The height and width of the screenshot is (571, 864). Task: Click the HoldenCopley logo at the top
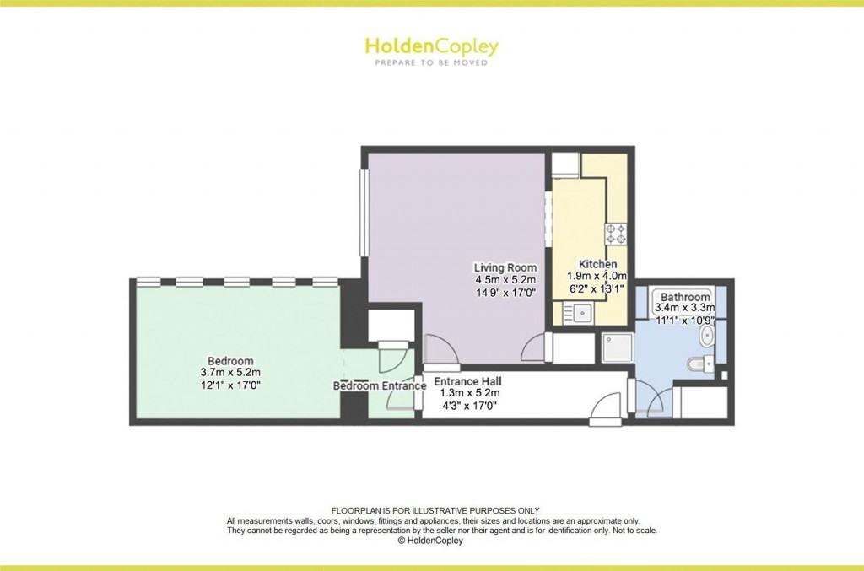click(431, 46)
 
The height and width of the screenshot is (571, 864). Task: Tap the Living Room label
click(505, 267)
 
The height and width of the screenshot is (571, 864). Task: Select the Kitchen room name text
click(597, 264)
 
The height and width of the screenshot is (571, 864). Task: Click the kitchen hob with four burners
click(615, 233)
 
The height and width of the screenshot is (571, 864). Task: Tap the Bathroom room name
click(685, 297)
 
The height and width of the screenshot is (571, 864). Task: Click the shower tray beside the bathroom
click(617, 347)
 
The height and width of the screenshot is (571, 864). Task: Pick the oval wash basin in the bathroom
click(706, 338)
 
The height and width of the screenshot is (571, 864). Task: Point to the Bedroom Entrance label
click(379, 386)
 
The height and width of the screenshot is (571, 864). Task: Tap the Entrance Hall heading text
click(467, 380)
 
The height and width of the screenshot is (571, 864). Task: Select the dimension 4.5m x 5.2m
click(506, 280)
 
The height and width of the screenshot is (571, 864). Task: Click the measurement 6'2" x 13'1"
click(597, 288)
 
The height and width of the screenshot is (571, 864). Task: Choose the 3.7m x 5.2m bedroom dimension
click(230, 373)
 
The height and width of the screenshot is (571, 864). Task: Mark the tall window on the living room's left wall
click(364, 213)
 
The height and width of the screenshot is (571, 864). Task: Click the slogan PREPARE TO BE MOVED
click(431, 62)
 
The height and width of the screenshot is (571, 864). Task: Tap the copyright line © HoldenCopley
click(431, 541)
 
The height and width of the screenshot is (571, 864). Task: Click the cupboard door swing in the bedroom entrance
click(391, 359)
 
